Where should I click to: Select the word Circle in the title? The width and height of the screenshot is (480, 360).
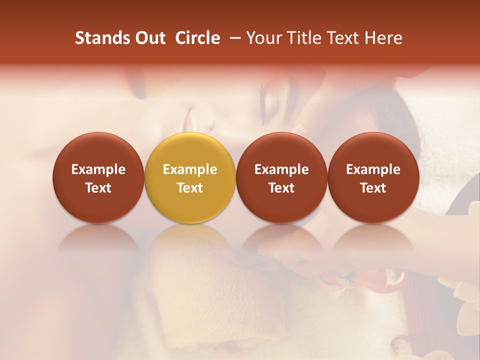pos(197,38)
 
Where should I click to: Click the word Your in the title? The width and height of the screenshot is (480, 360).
pos(264,38)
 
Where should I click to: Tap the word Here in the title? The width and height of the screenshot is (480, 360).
pos(384,38)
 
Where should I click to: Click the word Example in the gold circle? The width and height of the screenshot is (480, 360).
pos(190,169)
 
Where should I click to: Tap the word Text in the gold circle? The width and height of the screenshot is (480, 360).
pos(190,188)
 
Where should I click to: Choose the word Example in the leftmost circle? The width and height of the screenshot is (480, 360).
pos(98,169)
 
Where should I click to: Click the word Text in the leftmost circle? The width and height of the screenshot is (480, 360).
pos(98,188)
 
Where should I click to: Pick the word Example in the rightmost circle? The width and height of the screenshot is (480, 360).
pos(373,169)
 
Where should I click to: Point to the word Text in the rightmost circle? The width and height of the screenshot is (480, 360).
pos(373,188)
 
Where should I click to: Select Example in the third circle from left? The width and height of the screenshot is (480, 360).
pos(281,169)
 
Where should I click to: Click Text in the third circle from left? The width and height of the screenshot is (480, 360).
pos(281,188)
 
